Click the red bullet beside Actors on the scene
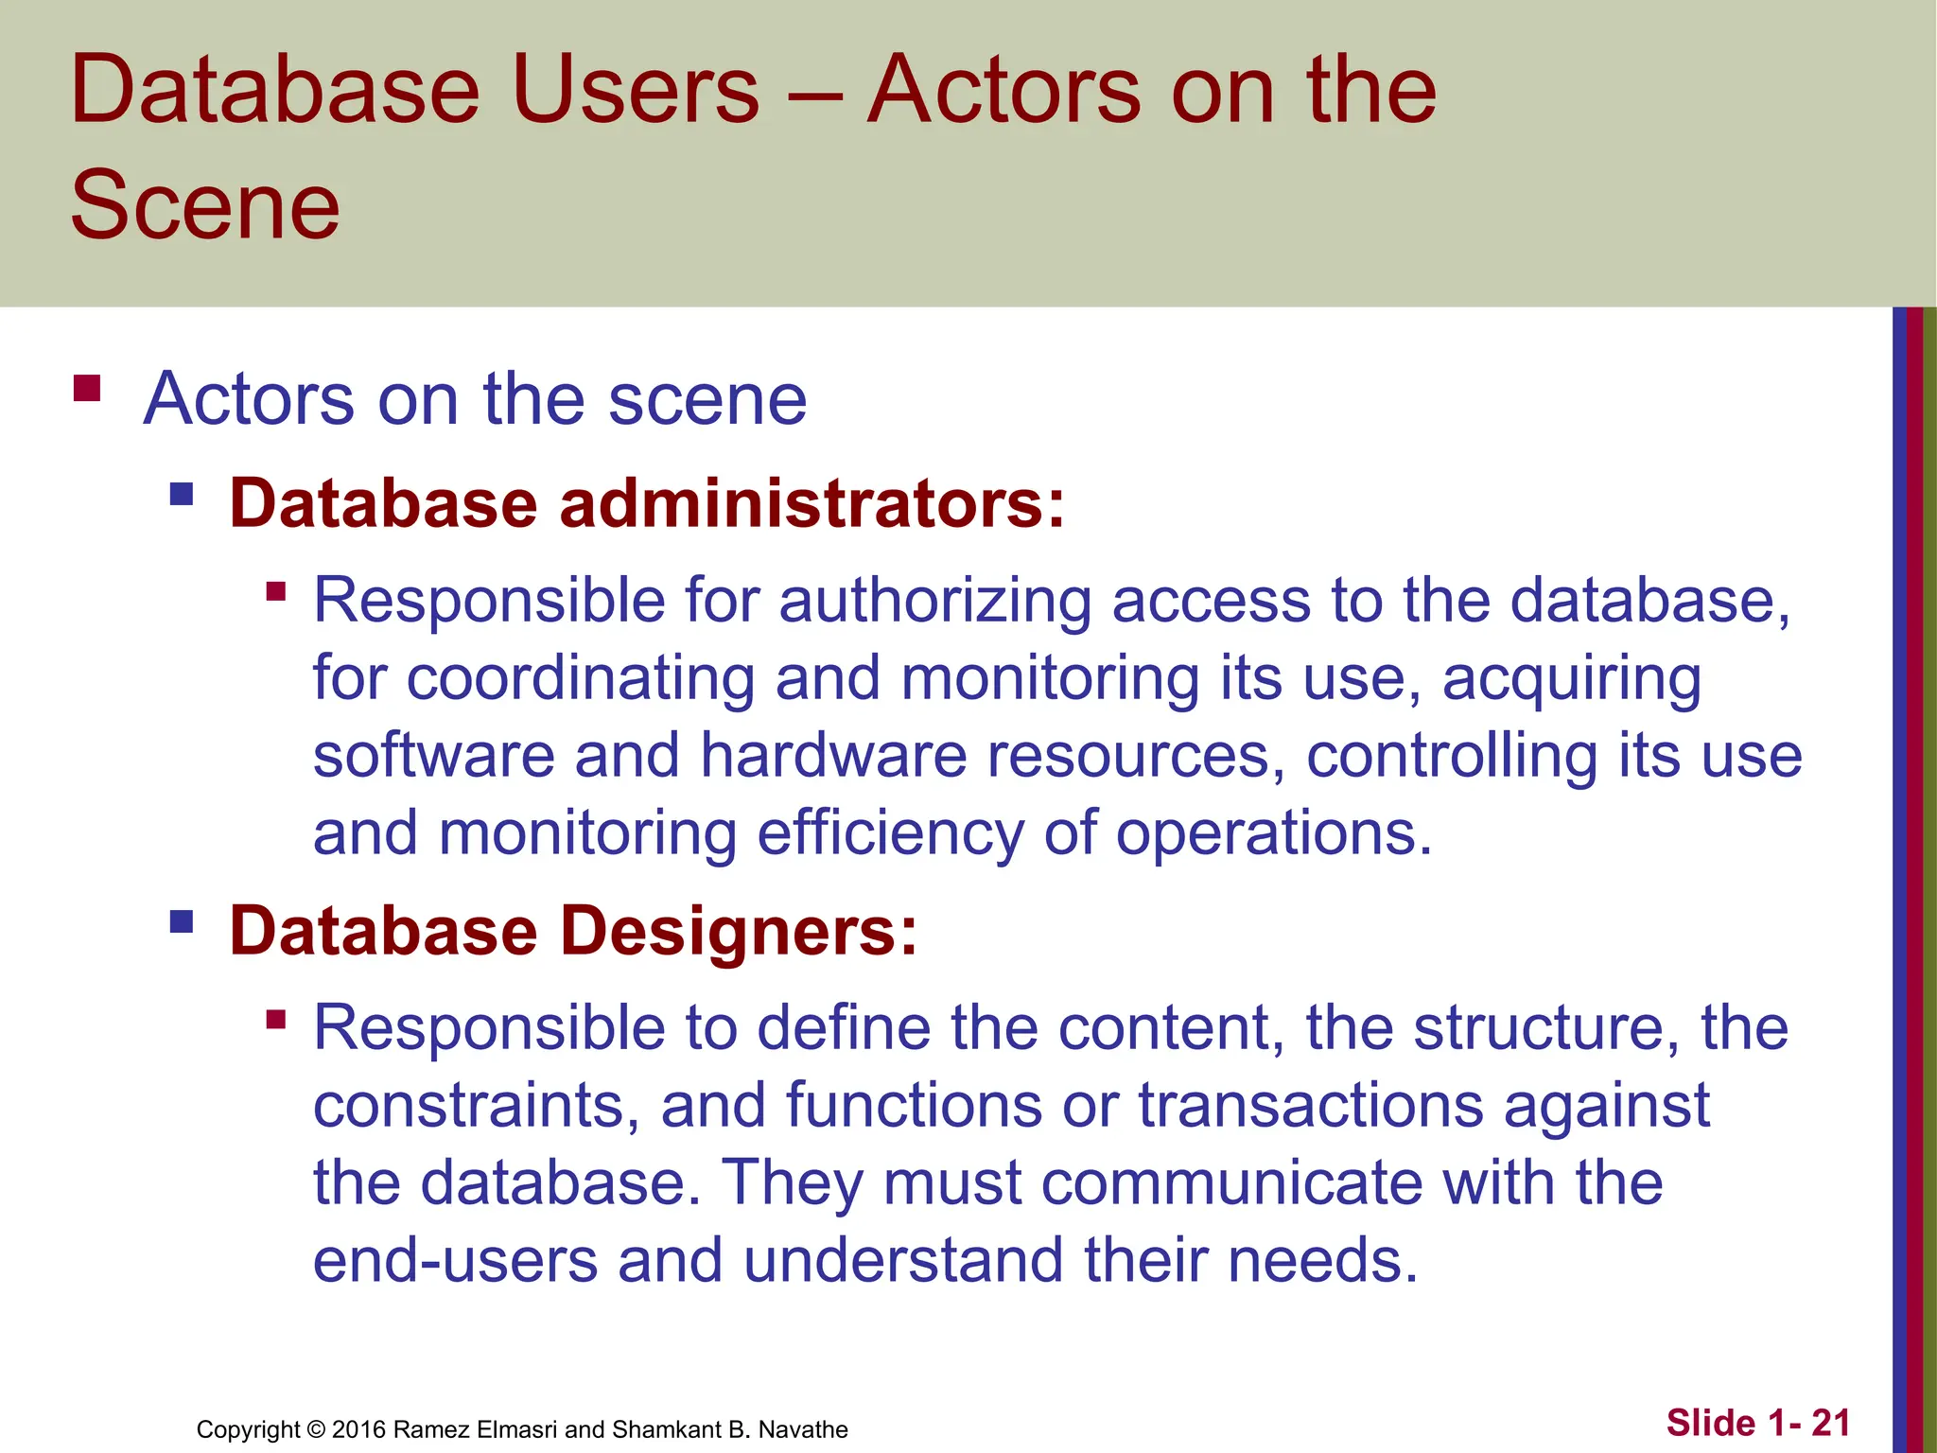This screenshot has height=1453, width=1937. [87, 389]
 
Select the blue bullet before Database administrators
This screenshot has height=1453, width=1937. [182, 494]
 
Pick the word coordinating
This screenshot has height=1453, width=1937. [581, 679]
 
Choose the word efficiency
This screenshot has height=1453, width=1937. [890, 833]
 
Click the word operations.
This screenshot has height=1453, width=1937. [1274, 833]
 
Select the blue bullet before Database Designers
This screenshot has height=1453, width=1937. [182, 921]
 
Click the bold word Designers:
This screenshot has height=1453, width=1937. [739, 931]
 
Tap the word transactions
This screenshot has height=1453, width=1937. [1310, 1105]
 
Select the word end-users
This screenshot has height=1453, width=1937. [455, 1260]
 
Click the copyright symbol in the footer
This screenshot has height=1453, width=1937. [316, 1429]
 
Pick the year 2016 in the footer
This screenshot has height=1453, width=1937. [358, 1429]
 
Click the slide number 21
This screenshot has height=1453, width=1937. [1830, 1423]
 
